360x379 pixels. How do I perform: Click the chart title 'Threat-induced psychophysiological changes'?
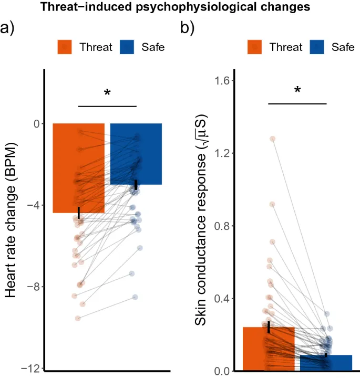180,7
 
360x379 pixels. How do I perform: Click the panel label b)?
187,28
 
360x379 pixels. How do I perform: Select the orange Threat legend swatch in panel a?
65,47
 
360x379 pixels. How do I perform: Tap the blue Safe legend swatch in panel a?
127,47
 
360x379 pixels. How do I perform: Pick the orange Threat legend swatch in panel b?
255,47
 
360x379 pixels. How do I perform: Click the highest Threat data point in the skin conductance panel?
273,139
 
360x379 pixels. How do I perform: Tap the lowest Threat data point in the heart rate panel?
78,318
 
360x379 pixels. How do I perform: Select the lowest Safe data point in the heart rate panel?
135,297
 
